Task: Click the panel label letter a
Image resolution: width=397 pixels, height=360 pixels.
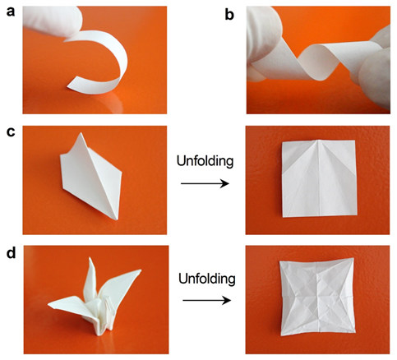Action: point(11,12)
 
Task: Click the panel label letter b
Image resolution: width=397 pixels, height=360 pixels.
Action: point(229,14)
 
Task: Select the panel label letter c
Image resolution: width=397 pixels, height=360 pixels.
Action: point(11,132)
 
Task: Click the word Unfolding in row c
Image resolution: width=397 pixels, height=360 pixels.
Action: point(205,161)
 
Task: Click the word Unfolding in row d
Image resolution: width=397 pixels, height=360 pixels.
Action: point(207,279)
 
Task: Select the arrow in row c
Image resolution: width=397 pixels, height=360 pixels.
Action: point(205,183)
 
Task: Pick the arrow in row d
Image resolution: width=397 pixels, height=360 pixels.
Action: point(207,301)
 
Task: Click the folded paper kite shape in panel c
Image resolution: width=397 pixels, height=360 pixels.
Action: point(90,175)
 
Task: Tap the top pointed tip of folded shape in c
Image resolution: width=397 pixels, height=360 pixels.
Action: point(81,133)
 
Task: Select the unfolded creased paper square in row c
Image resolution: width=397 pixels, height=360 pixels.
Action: point(320,178)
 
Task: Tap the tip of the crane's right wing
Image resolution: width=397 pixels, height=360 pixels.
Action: point(141,270)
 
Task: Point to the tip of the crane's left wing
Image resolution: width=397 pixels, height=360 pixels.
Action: point(48,304)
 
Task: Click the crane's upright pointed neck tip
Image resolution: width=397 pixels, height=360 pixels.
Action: point(90,258)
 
